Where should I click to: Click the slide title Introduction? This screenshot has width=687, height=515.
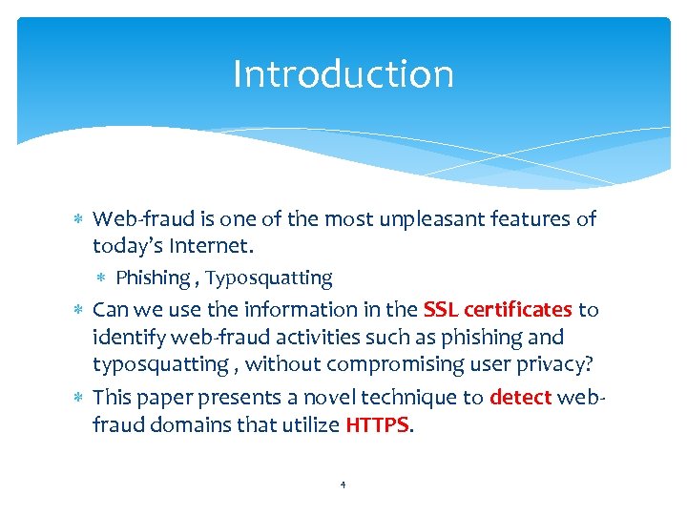pos(343,74)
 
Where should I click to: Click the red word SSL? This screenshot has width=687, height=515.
pos(441,310)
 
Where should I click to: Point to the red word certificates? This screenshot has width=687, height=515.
pos(518,310)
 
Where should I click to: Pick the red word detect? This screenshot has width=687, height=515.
pos(520,397)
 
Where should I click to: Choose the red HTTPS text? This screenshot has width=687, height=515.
pos(377,424)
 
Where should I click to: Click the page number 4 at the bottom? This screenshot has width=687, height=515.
pos(343,484)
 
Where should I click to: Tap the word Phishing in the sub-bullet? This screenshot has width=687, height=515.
pos(153,278)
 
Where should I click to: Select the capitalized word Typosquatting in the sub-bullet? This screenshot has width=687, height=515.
pos(269,278)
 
